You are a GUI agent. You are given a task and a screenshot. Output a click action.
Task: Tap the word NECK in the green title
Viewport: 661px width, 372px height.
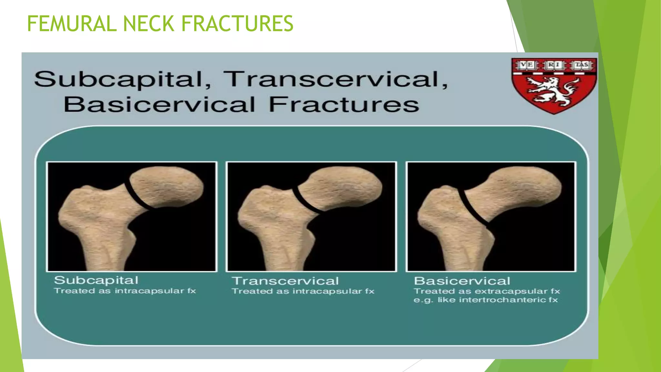click(148, 24)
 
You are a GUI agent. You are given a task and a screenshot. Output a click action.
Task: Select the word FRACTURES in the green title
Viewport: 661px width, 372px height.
click(237, 24)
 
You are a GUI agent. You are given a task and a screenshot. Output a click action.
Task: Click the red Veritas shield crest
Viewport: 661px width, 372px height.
click(554, 86)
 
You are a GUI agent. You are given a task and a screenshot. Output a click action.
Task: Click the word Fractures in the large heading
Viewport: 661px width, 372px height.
click(344, 105)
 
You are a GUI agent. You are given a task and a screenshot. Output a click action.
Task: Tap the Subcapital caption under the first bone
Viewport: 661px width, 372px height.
click(96, 280)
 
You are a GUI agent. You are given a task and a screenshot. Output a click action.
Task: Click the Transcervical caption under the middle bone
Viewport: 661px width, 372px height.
click(285, 281)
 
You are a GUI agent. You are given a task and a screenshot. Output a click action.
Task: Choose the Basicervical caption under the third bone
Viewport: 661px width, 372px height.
click(462, 281)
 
